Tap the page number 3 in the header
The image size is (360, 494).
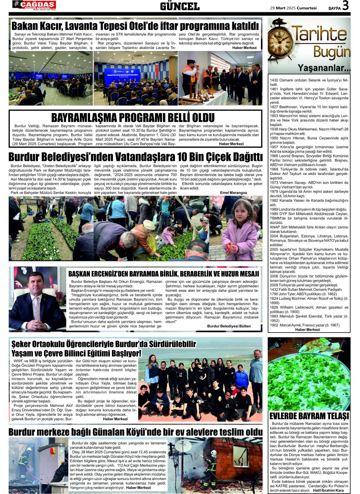point(345,6)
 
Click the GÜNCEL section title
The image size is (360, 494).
point(180,6)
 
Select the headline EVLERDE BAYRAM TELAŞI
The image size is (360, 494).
point(309,415)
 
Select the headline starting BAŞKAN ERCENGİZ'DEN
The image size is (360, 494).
point(163,273)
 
